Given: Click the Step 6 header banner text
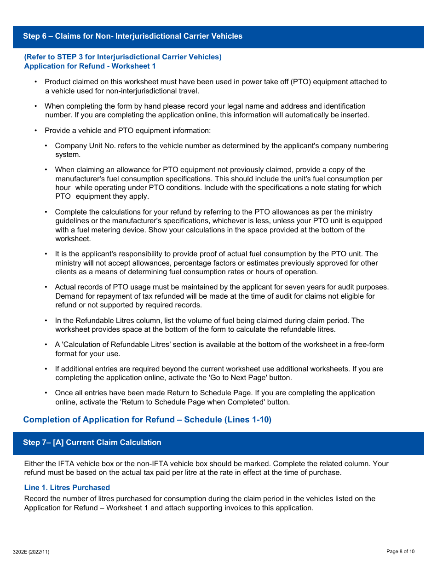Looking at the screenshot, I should tap(132, 36).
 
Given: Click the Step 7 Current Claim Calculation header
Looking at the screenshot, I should tap(92, 443).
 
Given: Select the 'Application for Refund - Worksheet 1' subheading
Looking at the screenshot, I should tap(90, 66).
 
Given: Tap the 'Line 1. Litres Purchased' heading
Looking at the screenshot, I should tap(67, 488).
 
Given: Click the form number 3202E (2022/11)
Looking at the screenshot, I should tap(31, 552).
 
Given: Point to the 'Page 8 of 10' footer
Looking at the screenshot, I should tap(400, 552).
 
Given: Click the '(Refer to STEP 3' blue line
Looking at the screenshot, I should tap(122, 57).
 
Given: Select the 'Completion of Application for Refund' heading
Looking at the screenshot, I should tap(147, 420).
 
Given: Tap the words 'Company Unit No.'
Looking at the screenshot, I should tap(85, 146).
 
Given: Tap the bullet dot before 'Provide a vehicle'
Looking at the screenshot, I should tap(36, 131).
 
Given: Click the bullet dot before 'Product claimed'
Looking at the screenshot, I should tap(36, 82).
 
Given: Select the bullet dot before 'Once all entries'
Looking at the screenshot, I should tap(46, 393).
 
